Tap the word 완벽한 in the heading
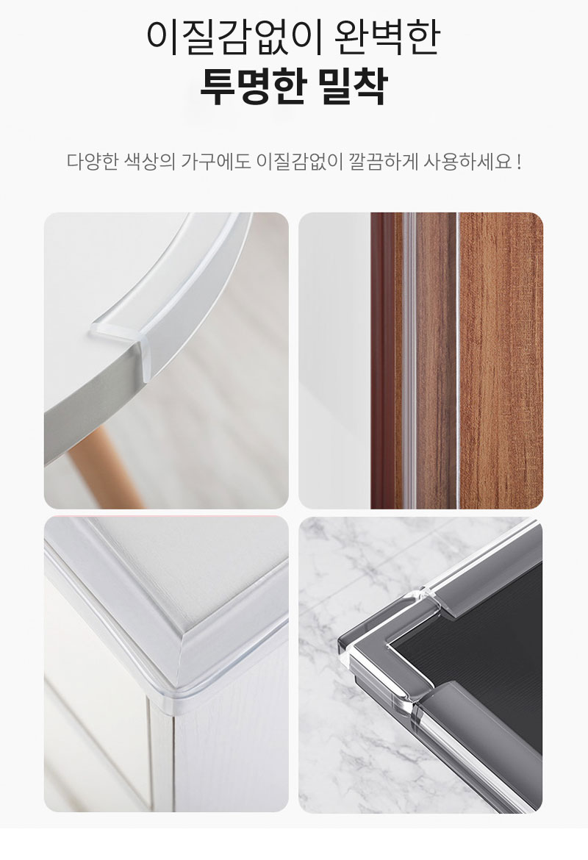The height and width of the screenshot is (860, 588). pos(387,37)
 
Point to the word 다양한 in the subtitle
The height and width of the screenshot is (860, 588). pos(93,162)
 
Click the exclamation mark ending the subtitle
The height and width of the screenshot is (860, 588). pos(519,162)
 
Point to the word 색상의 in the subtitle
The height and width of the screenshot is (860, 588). pos(150,162)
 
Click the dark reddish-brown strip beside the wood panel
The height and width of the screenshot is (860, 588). pos(383,360)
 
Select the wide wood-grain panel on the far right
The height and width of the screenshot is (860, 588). pos(501,360)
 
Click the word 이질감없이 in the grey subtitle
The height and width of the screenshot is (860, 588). pos(299,162)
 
